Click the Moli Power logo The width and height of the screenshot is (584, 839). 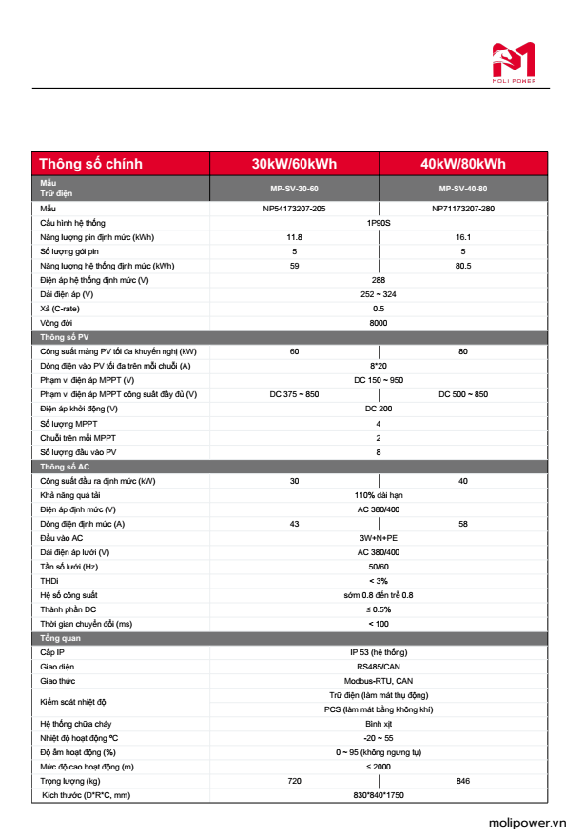(x=514, y=63)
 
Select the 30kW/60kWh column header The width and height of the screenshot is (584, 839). (x=294, y=164)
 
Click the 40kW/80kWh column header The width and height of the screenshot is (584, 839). (x=463, y=164)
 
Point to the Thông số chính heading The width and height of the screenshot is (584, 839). (x=91, y=164)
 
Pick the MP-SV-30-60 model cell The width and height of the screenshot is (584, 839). (x=294, y=189)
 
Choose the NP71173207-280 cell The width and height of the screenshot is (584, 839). (x=463, y=208)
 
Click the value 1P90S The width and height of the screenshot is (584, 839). (x=379, y=222)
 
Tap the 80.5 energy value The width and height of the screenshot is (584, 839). (x=463, y=266)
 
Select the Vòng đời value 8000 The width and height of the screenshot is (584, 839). (x=379, y=323)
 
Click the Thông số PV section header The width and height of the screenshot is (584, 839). (x=65, y=337)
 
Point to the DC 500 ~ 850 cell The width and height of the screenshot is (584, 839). (x=463, y=394)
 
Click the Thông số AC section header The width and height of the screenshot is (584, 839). (x=65, y=467)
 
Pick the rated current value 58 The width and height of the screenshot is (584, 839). (x=463, y=524)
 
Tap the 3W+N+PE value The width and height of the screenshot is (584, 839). (x=379, y=538)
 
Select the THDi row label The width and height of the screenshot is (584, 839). (x=49, y=581)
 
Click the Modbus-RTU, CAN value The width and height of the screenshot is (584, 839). (x=379, y=681)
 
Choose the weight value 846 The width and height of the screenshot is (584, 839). (x=463, y=781)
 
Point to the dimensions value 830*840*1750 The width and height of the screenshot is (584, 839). (x=379, y=795)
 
